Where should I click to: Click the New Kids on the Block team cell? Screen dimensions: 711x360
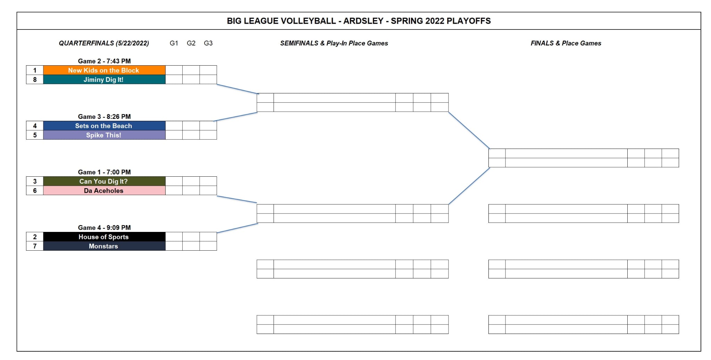coord(104,70)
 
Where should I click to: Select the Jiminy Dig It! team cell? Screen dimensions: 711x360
coord(104,79)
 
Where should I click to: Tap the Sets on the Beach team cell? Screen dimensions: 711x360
coord(104,126)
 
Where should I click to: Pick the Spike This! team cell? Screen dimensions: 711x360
coord(104,135)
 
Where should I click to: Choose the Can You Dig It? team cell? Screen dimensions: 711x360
coord(104,181)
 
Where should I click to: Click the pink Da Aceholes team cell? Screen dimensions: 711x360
coord(104,191)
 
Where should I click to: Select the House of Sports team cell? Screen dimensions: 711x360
coord(104,237)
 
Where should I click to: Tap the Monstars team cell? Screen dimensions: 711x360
coord(104,246)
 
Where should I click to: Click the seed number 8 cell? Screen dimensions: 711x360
coord(35,79)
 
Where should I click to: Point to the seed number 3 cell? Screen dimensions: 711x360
coord(35,181)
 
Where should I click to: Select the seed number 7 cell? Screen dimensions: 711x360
coord(35,246)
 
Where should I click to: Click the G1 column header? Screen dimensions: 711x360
coord(174,43)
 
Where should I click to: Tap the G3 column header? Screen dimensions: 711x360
coord(208,43)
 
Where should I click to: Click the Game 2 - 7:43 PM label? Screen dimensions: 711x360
coord(104,61)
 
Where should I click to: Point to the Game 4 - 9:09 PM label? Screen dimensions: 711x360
coord(104,228)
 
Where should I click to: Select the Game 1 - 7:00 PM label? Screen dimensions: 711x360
coord(104,172)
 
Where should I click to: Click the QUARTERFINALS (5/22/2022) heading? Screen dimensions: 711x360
coord(104,43)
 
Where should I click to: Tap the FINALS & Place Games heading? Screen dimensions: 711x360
coord(566,43)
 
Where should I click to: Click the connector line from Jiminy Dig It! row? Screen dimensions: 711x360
coord(238,89)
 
